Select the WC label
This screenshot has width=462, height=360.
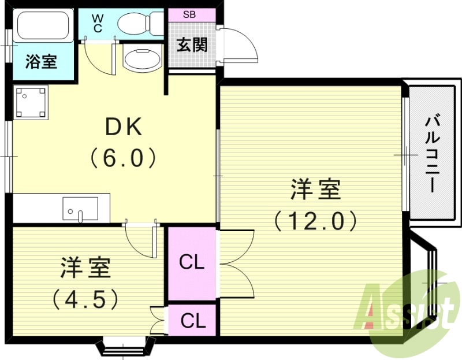point(96,22)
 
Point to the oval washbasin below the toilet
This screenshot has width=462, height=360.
point(140,59)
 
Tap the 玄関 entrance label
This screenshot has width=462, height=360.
point(191,44)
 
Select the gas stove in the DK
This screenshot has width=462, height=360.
point(31,102)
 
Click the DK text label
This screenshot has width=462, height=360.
point(122,127)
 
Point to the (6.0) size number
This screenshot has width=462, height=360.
point(123,157)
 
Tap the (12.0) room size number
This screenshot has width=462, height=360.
point(315,220)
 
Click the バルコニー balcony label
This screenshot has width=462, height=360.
point(432,154)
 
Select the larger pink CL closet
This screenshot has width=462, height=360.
point(192,263)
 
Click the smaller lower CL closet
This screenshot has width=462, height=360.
point(192,320)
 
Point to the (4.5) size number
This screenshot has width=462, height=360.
point(85,298)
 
